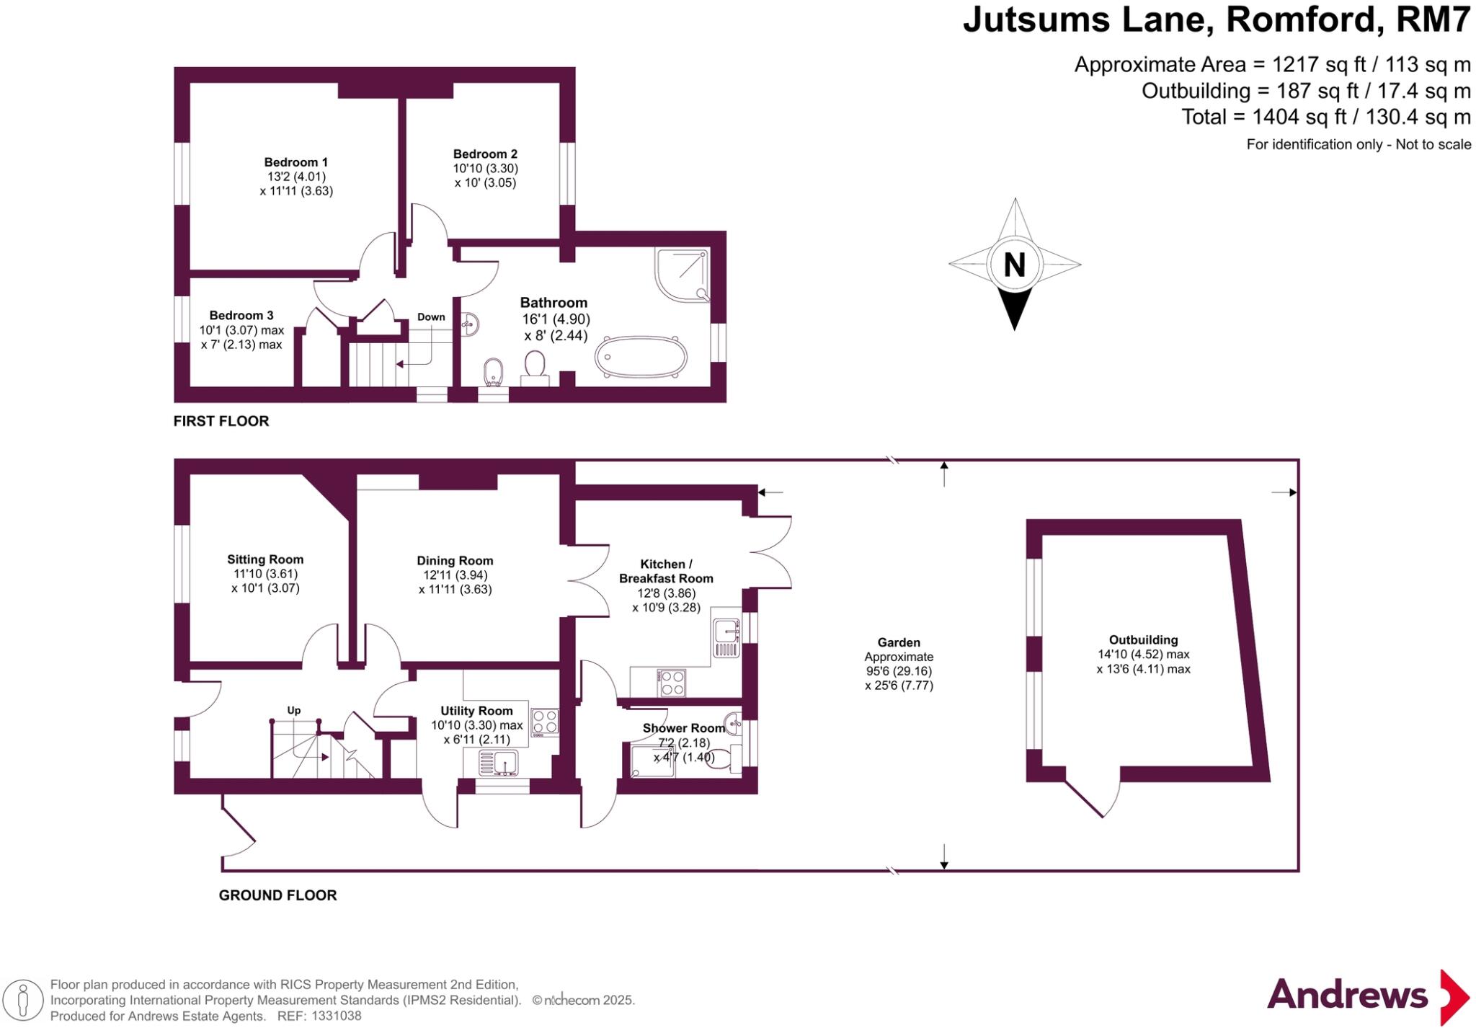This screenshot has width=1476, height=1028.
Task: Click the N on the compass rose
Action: point(1014,265)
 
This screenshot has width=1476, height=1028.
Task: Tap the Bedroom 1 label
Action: point(295,162)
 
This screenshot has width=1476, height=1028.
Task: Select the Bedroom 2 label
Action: point(485,154)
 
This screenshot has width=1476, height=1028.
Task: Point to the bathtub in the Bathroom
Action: point(641,356)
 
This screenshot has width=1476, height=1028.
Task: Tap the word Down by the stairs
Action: point(431,317)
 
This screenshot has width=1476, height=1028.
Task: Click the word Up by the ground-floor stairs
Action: point(294,710)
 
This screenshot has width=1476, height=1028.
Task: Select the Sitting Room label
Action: point(265,559)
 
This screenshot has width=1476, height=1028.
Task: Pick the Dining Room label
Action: point(455,561)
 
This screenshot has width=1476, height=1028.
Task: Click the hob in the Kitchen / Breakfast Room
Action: point(672,683)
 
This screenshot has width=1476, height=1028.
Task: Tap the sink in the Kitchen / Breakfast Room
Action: point(726,638)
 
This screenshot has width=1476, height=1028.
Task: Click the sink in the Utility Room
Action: point(498,763)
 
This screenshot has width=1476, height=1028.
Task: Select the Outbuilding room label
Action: point(1143,640)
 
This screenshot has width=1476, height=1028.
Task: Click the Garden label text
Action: point(899,642)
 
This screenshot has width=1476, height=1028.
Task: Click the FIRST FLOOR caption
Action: point(221,421)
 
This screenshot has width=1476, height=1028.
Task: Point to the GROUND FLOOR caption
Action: point(277,895)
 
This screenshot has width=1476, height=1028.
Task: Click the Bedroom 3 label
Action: point(241,315)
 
